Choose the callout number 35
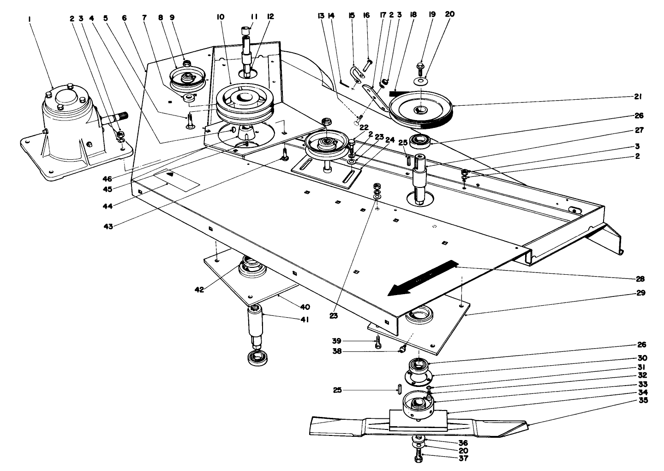click(643, 400)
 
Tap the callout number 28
click(640, 278)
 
